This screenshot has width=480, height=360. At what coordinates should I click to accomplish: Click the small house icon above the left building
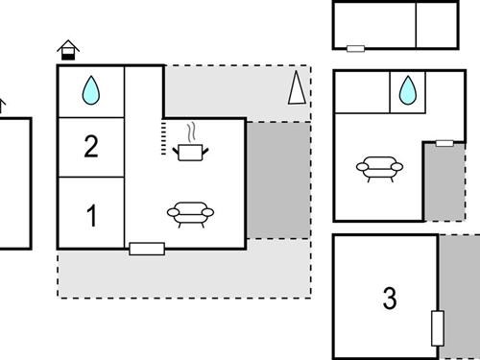(67, 49)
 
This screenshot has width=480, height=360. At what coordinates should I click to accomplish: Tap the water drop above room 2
(91, 90)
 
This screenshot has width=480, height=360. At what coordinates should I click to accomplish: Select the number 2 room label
(91, 147)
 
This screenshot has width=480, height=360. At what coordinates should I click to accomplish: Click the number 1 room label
(92, 215)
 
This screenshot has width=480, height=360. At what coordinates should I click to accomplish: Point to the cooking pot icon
(190, 150)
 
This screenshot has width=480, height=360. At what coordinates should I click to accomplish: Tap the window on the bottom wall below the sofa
(147, 249)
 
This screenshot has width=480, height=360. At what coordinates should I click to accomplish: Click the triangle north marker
(297, 88)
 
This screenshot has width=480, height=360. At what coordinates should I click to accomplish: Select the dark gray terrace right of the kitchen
(278, 180)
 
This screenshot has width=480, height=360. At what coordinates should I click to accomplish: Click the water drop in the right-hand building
(407, 90)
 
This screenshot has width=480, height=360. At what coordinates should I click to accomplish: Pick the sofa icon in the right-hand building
(378, 169)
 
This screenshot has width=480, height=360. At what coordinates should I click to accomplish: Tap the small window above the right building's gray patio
(444, 143)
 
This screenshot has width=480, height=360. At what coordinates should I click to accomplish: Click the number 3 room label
(389, 299)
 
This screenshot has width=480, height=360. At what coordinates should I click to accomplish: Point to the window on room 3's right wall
(438, 327)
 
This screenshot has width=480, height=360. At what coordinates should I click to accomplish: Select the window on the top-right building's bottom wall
(355, 48)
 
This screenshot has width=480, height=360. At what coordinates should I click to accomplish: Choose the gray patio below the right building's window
(444, 184)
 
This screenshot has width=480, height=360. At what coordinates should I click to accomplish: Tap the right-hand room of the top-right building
(436, 25)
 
